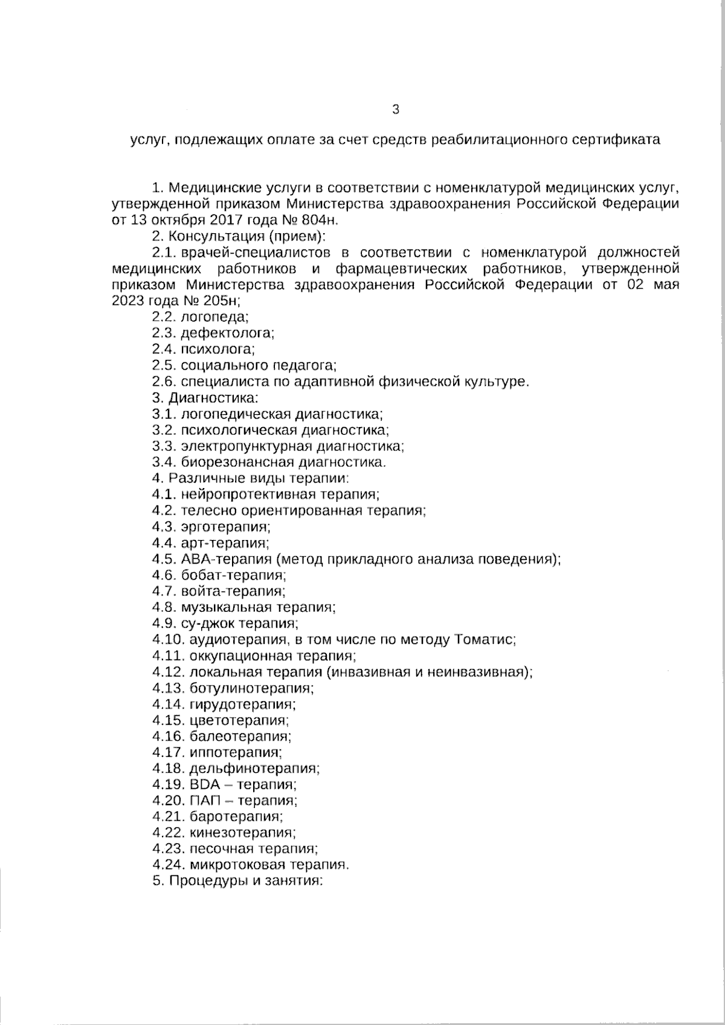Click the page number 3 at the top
pyautogui.click(x=396, y=109)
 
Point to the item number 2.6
pyautogui.click(x=164, y=381)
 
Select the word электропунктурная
pyautogui.click(x=245, y=446)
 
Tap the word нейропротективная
pyautogui.click(x=248, y=495)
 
